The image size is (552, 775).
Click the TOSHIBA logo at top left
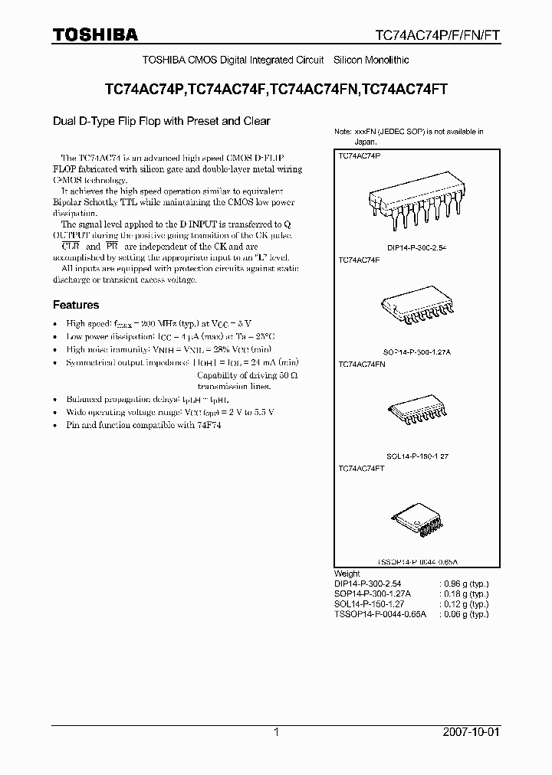(96, 34)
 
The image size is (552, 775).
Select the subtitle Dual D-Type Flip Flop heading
(161, 121)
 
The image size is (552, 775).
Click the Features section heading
(75, 305)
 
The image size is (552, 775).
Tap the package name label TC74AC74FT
(361, 468)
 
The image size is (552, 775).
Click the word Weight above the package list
(347, 574)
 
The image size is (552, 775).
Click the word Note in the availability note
(343, 132)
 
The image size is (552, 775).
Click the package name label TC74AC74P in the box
(359, 155)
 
